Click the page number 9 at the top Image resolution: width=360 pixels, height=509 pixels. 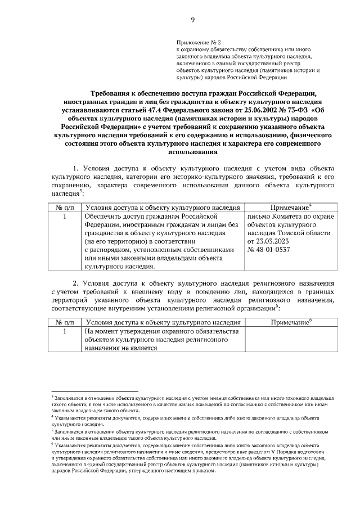pyautogui.click(x=192, y=20)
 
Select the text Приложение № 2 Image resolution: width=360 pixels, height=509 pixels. pyautogui.click(x=196, y=42)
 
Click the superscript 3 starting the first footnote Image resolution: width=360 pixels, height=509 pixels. pyautogui.click(x=52, y=397)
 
